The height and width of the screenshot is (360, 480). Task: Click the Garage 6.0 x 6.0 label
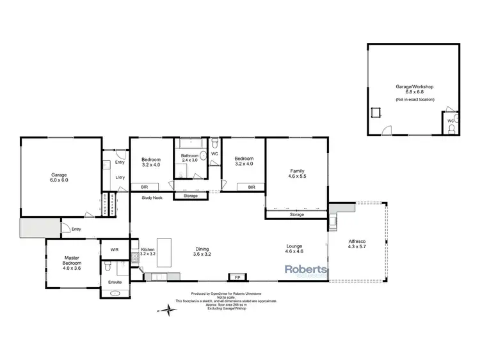coord(60,178)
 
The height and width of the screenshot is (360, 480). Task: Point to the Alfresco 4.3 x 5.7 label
coord(357,244)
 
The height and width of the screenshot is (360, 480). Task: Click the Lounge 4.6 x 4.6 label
coord(294,249)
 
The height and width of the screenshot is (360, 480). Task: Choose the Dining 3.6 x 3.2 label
coord(202,252)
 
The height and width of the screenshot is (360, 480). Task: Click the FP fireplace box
coord(237,278)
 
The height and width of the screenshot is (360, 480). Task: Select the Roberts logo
coord(306,270)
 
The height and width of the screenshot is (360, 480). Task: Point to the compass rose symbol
coord(168,311)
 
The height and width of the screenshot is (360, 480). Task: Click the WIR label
coord(115,249)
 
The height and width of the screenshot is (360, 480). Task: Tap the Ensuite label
coord(116,281)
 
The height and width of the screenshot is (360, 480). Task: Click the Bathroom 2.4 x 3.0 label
coord(190,158)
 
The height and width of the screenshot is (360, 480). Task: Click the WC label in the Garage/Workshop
coord(451,120)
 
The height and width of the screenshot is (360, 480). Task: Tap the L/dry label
coord(120,178)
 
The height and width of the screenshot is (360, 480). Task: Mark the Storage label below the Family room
coord(296,214)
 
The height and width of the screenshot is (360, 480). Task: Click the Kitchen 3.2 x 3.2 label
coord(148,251)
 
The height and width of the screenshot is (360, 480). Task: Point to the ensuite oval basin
coord(116,293)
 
